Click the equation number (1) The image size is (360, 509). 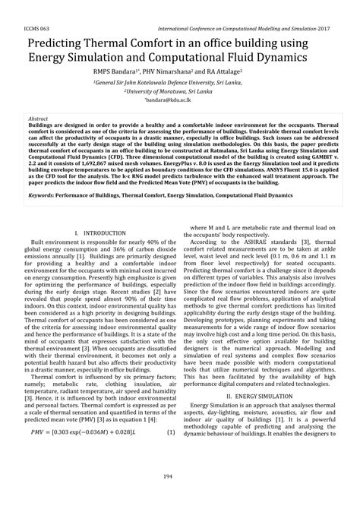point(171,454)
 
